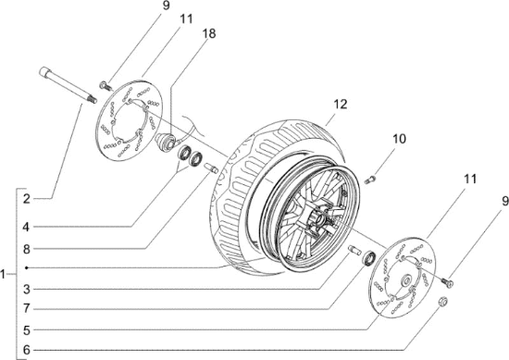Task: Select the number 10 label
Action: click(x=399, y=139)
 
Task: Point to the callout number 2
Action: click(x=27, y=198)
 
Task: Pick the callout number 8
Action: click(x=27, y=248)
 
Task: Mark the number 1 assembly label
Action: click(x=6, y=274)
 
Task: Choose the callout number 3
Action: click(x=27, y=290)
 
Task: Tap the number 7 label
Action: click(x=27, y=307)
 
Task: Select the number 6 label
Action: click(x=27, y=349)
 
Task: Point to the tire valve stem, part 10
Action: click(x=372, y=178)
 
